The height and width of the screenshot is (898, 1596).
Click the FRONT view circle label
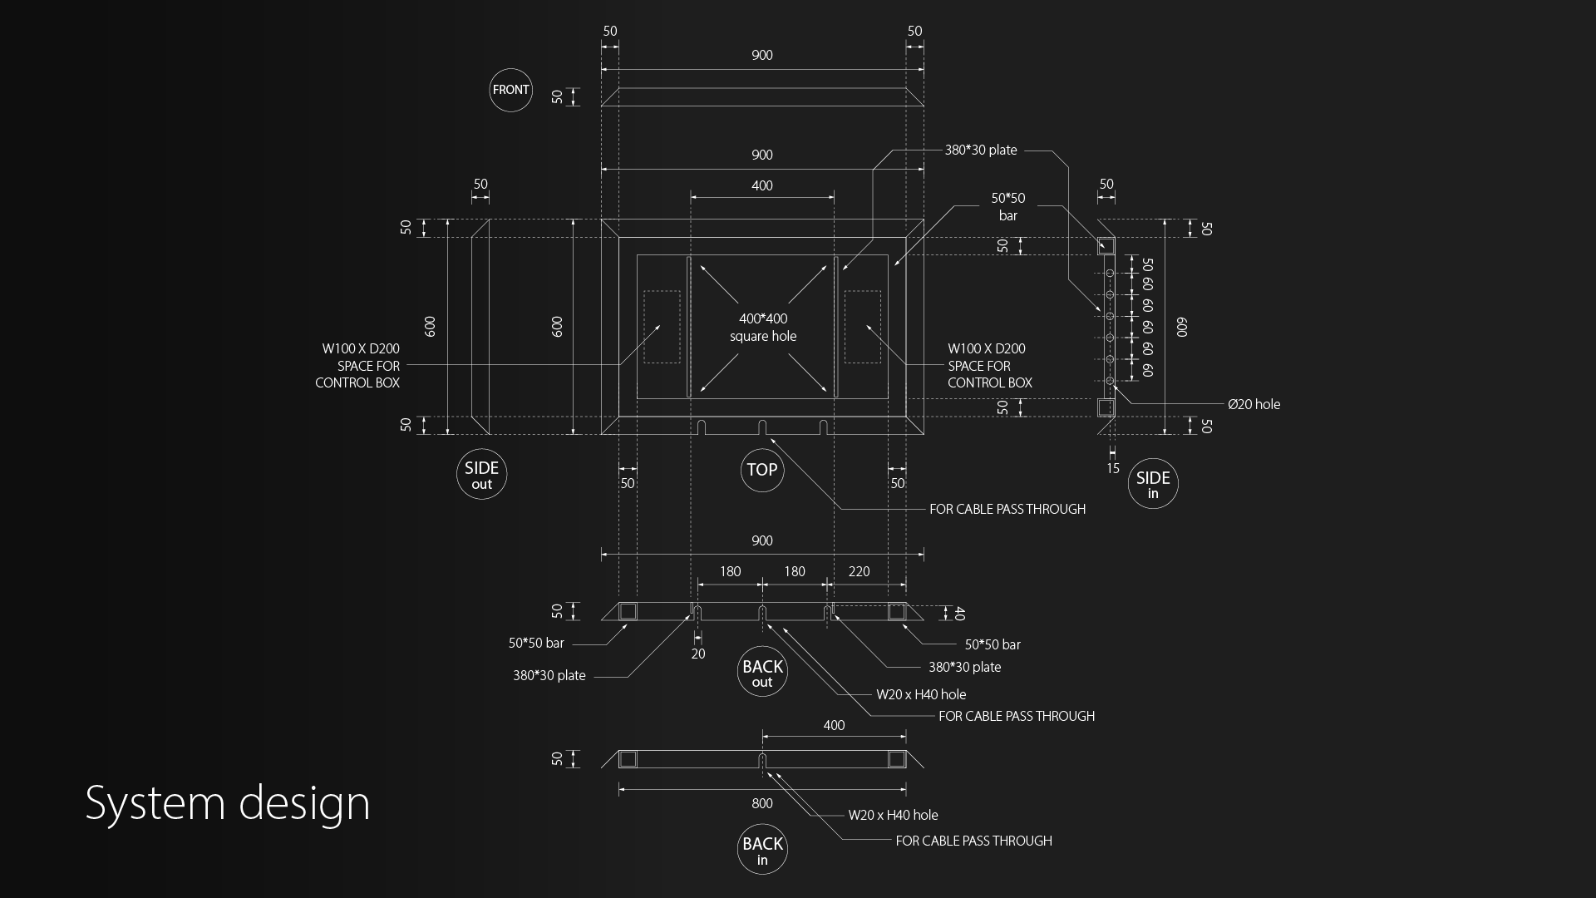click(510, 90)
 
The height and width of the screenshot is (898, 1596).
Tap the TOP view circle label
click(762, 470)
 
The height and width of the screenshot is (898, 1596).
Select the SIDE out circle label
click(482, 475)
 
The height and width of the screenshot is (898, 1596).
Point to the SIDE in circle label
click(1153, 484)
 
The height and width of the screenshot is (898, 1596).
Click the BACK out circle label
click(762, 672)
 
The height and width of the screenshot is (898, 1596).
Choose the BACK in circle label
click(762, 850)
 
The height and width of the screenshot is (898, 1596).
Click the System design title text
click(228, 804)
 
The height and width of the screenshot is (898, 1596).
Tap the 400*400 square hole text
click(763, 328)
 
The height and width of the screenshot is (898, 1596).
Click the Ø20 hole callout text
click(1254, 405)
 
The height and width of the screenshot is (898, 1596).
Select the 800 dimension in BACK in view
click(762, 803)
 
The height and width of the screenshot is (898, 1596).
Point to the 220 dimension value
click(859, 571)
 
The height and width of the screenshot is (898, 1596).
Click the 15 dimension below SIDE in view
click(1113, 469)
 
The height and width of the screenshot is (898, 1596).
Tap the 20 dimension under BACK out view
click(698, 654)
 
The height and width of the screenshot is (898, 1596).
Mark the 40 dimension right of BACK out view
click(959, 614)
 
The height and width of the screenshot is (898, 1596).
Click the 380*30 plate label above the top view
click(981, 150)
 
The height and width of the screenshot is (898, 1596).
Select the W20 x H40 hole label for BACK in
click(893, 816)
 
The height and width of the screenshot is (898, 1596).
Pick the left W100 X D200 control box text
click(357, 366)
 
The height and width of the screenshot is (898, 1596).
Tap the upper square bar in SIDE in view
click(1106, 245)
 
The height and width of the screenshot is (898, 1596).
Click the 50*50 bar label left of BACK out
click(536, 644)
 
